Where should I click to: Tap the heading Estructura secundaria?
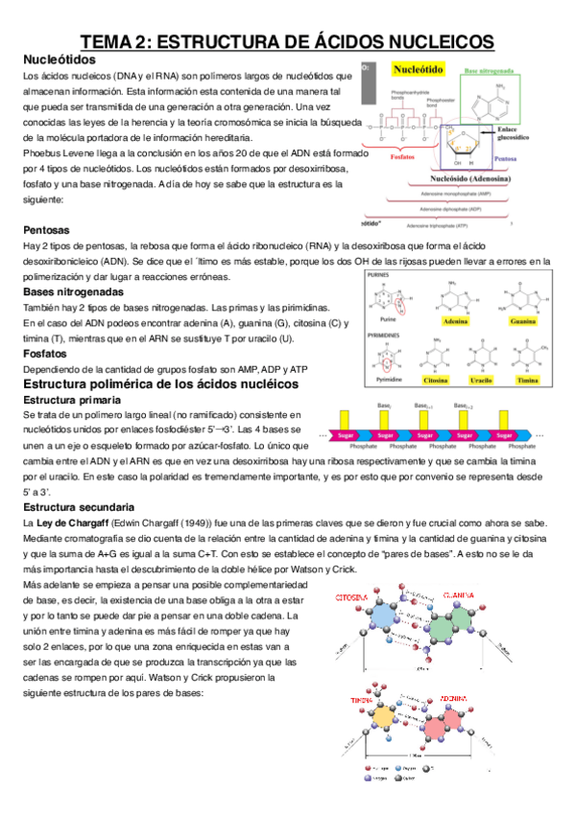coord(78,505)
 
